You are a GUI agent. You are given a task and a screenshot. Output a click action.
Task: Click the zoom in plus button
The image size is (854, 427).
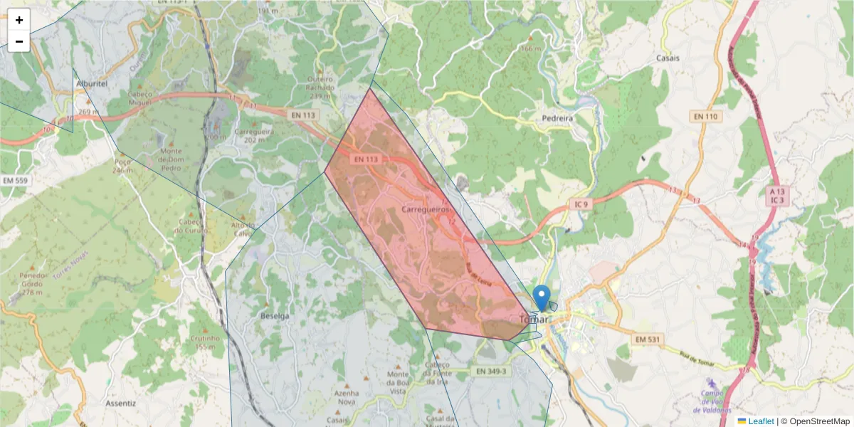point(19,20)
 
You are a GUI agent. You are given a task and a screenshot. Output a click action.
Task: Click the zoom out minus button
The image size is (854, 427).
point(19,41)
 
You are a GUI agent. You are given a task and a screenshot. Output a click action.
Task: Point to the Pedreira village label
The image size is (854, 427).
point(557,118)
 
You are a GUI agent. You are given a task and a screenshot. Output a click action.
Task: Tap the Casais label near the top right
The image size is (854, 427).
point(668,58)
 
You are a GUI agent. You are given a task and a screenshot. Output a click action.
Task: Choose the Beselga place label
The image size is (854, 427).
point(275,315)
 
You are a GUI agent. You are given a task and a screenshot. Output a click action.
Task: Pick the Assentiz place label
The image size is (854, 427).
point(120,403)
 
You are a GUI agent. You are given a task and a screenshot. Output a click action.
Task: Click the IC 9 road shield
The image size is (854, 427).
point(582,205)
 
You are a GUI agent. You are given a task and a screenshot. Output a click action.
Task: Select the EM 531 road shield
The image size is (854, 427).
point(645,339)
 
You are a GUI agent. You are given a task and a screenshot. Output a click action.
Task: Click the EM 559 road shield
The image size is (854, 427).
point(15,181)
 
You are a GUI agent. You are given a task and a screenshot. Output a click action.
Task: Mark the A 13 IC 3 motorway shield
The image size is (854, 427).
point(776,196)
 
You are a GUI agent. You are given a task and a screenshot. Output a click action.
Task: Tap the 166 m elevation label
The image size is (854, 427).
point(531,48)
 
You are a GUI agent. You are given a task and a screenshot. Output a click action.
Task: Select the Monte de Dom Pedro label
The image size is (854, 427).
point(171,159)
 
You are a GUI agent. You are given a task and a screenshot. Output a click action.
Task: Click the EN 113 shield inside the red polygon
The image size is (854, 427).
point(366,159)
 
